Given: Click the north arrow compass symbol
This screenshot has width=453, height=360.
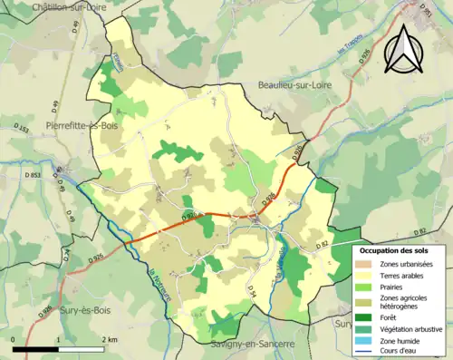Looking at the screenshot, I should tap(402, 49).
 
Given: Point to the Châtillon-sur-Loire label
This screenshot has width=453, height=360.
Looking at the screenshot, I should tap(43, 6).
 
